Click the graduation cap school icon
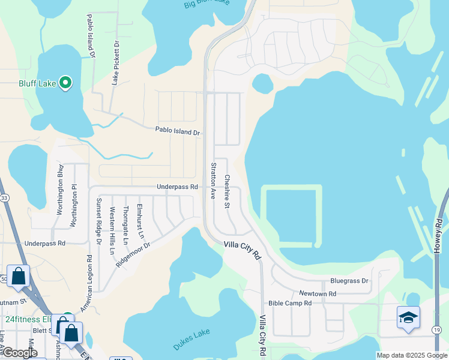408,317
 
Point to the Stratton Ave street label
213,181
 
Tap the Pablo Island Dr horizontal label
177,130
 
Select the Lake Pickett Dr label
115,64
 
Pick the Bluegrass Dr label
349,281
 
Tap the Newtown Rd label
320,293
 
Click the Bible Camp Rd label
290,304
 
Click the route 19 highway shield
437,330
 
